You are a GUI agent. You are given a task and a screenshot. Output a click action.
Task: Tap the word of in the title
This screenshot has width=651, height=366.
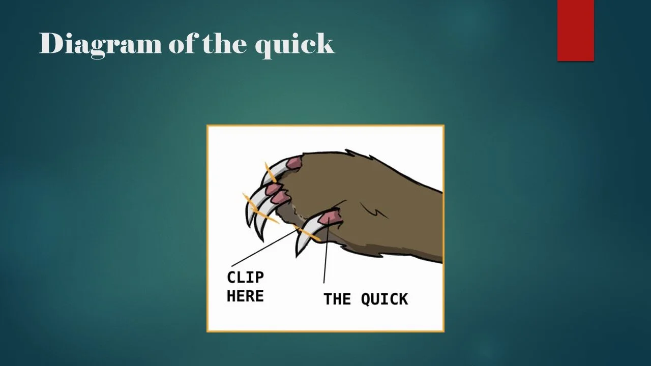tap(183, 44)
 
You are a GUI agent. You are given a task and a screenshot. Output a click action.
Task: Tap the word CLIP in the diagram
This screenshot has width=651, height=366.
tap(245, 278)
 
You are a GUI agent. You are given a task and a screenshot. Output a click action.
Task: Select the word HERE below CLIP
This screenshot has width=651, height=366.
tap(245, 296)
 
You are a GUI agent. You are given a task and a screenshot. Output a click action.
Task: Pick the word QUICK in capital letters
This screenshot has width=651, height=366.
tap(384, 299)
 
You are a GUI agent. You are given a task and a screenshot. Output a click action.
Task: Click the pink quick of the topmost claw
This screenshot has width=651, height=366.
tap(293, 164)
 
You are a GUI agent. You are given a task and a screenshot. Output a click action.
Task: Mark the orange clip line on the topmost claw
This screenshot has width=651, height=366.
tap(271, 173)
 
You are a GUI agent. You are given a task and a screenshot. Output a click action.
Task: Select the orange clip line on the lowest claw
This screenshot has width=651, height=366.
tap(308, 234)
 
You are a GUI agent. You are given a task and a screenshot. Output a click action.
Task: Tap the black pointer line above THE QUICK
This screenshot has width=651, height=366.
tap(325, 254)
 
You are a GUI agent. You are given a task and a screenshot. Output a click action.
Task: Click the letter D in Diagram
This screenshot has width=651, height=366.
tap(50, 44)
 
